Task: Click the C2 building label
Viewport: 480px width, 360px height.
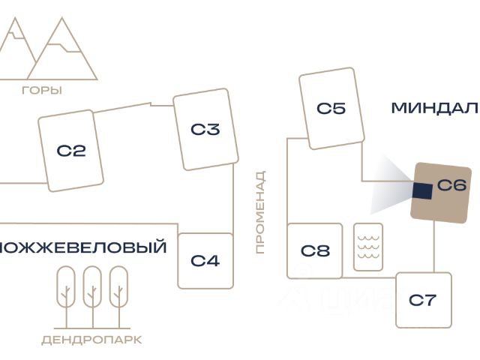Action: (71, 151)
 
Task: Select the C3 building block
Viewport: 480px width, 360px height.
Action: (205, 129)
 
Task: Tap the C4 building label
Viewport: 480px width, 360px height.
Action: (205, 261)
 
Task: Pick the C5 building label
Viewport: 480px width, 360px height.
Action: (331, 108)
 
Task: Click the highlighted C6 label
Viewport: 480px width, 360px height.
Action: (451, 185)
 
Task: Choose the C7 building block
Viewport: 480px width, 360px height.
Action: (424, 300)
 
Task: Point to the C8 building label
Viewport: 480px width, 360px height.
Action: (315, 250)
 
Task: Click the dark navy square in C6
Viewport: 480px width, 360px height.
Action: (422, 191)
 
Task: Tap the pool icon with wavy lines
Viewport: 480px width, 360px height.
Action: (368, 247)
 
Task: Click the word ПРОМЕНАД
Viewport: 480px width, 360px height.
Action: (260, 212)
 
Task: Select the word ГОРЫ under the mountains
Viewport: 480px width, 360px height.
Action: (42, 90)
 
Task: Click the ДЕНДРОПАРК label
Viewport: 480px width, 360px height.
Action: (91, 340)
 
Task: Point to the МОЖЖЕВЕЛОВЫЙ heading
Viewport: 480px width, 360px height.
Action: (83, 247)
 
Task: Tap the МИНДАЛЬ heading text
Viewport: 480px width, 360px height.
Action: (436, 108)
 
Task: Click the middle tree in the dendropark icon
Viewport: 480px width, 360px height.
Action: (92, 297)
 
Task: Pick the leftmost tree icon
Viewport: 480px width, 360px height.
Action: (66, 297)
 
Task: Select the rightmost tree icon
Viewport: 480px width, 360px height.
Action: (118, 297)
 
